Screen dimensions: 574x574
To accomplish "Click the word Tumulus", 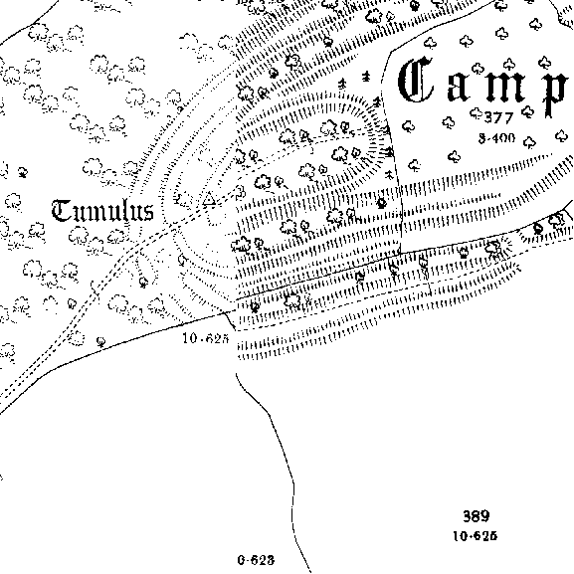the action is [102, 211].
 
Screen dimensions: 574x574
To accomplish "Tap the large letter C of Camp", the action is [416, 80].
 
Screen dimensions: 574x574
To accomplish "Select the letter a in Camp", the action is [459, 89].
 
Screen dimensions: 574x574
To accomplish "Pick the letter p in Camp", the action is [553, 94].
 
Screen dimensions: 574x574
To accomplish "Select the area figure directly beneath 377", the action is [496, 138].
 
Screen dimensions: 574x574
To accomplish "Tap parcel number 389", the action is [476, 516].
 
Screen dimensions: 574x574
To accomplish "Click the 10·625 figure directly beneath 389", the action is [475, 536].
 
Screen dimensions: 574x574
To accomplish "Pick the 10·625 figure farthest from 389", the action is [205, 338].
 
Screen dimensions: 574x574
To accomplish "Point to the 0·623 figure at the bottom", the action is [256, 560].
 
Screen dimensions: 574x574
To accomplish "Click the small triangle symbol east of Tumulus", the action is [209, 198].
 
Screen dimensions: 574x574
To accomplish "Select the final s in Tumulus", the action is [148, 213].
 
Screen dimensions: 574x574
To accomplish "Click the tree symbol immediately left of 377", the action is [476, 113].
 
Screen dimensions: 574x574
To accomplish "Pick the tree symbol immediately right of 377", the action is [527, 111].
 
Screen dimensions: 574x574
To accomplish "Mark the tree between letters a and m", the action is [478, 68].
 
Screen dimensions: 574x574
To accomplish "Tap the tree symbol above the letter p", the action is [545, 63].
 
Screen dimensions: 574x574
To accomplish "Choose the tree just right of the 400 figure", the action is [528, 142].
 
